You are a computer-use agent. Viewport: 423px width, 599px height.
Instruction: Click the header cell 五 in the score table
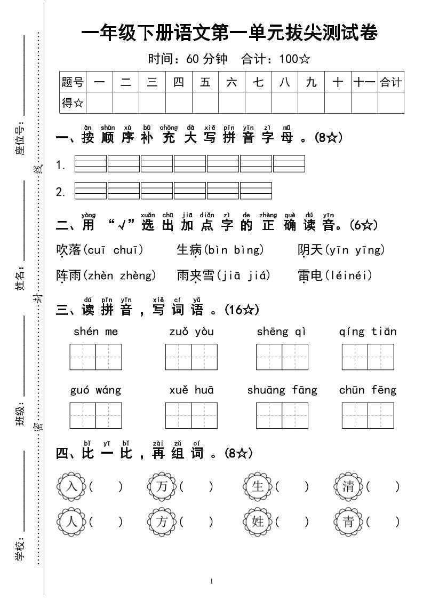pos(205,82)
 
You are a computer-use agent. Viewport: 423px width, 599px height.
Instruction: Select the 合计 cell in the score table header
pos(390,82)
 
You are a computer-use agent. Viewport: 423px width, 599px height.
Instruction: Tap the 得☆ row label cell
pos(73,103)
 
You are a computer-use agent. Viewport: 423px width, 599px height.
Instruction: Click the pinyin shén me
pos(95,332)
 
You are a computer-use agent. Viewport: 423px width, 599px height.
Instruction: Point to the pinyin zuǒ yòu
pos(191,332)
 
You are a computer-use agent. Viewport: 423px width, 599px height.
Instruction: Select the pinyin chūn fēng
pos(368,390)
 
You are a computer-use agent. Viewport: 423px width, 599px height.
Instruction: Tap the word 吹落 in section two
pos(68,250)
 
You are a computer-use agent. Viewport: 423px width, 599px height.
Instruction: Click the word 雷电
pos(310,275)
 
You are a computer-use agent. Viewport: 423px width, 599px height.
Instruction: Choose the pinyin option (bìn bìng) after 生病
pos(234,250)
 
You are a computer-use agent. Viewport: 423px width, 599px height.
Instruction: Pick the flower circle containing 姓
pos(258,522)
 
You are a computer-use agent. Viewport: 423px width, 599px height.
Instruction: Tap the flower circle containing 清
pos(348,486)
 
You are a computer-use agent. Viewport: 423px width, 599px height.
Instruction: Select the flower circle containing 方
pos(162,522)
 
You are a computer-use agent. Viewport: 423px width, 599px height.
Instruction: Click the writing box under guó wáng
pos(95,416)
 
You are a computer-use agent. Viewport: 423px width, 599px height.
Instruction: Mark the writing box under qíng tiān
pos(368,357)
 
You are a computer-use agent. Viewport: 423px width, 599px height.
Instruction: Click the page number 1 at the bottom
pos(212,581)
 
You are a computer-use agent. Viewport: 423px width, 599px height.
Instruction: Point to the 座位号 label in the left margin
pos(20,141)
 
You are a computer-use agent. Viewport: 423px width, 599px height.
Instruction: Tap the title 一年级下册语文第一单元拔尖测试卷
pos(229,34)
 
